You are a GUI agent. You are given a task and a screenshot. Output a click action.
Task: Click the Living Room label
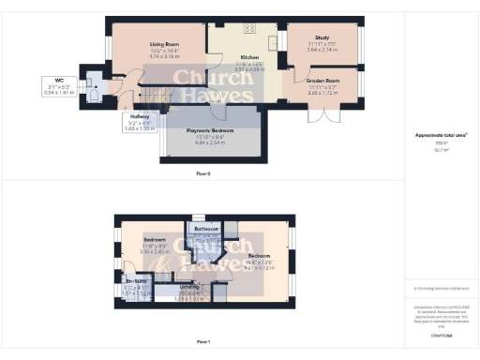tap(165, 44)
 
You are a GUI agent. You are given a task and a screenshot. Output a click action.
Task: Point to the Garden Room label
tap(322, 82)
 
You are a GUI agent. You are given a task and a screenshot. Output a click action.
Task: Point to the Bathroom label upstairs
tap(206, 229)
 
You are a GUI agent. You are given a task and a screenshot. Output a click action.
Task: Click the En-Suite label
tap(137, 280)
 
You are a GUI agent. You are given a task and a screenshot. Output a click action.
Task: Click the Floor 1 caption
tap(203, 343)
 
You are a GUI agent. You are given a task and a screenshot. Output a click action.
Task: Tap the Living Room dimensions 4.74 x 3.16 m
tap(165, 56)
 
